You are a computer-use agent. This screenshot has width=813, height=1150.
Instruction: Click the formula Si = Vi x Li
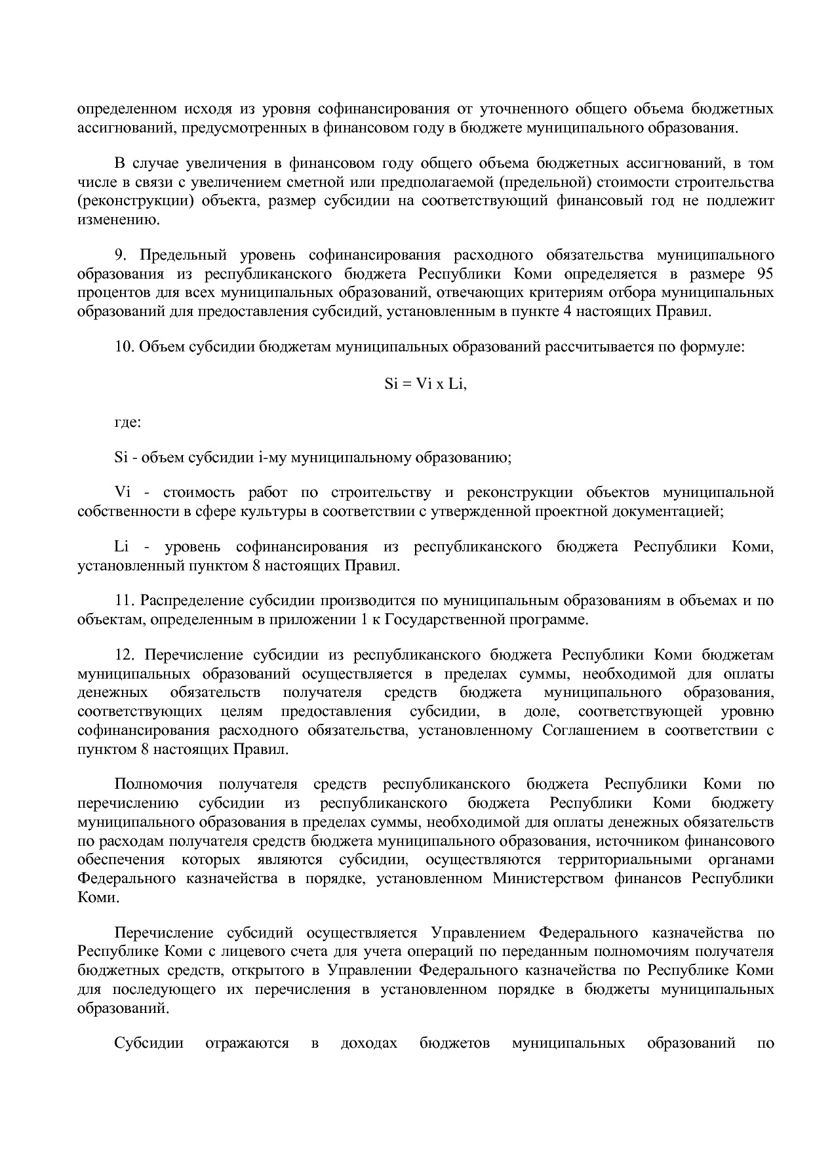point(425,384)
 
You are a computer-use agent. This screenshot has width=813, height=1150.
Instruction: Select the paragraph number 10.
point(124,347)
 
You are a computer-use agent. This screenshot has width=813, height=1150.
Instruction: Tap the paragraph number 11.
point(124,600)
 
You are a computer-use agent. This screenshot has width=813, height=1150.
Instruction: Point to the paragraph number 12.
point(124,655)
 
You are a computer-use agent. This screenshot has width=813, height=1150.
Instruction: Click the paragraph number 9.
point(119,255)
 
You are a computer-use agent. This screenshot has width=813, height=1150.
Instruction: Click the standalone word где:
point(127,422)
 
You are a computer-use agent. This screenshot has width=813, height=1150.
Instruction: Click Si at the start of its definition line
point(121,458)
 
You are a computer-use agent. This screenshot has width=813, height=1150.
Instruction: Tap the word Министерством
point(547,879)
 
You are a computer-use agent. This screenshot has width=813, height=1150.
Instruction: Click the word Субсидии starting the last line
point(148,1044)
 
